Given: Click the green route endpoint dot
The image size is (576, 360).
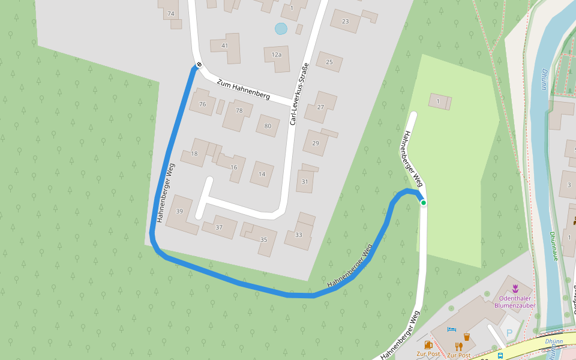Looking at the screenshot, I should [x=424, y=203].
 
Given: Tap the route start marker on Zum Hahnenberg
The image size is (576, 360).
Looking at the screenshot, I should [x=199, y=65].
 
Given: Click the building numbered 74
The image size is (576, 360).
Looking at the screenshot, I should [x=171, y=13].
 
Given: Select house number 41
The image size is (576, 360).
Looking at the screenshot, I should [x=225, y=46].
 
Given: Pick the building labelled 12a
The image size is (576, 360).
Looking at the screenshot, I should [x=277, y=55].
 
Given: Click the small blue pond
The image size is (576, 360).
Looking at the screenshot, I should [x=281, y=28].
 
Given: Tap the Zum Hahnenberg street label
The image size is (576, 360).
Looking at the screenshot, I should [x=244, y=89].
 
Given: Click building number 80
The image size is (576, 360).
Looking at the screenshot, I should [x=268, y=125].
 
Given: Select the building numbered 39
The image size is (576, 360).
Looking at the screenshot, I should [x=179, y=211].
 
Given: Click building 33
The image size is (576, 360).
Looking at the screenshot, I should [x=299, y=234].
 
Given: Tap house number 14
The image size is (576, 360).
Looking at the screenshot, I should [x=262, y=174].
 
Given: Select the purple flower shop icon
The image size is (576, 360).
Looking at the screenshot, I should [x=515, y=289].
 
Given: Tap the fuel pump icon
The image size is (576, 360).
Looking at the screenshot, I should [x=428, y=345].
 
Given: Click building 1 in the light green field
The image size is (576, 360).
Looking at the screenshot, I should [x=439, y=101].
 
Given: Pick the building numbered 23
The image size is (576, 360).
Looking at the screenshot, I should [x=345, y=22].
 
